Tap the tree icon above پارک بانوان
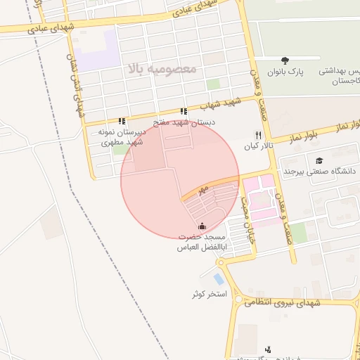[x=285, y=61]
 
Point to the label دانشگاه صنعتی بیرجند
[x=320, y=171]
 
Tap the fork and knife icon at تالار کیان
[x=258, y=135]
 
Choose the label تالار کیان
[x=257, y=147]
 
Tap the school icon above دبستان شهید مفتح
[x=184, y=111]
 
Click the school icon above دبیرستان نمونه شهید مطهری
[x=122, y=120]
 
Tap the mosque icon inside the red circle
[x=203, y=226]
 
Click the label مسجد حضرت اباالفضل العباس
[x=203, y=242]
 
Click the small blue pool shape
[x=219, y=279]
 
